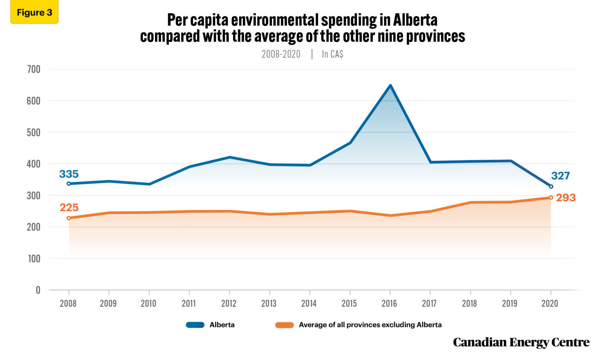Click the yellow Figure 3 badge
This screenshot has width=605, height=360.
point(34,13)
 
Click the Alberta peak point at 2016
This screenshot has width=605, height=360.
point(390,86)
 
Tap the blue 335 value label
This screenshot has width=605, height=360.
point(69,174)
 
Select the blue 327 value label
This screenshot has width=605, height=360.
point(560,176)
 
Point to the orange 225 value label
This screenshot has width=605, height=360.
point(69,208)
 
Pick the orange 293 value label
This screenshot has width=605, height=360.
point(565,198)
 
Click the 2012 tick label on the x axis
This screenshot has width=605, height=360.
point(229,303)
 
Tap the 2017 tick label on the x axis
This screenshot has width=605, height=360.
point(429,303)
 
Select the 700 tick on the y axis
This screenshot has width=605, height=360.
point(33,69)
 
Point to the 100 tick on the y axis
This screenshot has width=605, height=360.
point(34,258)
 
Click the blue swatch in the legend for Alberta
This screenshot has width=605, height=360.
point(195,325)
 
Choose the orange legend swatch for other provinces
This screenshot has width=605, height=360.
point(284,325)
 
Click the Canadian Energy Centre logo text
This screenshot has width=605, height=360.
point(521,342)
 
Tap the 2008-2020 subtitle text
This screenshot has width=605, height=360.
point(281,54)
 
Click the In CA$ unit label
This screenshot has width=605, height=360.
point(332,54)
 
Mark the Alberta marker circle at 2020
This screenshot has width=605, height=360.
point(551,186)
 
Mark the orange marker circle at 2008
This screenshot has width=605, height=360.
point(69,218)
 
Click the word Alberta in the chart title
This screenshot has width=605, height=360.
point(415,20)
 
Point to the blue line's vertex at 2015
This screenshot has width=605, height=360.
point(350,143)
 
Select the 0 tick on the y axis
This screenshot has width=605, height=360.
point(38,290)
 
